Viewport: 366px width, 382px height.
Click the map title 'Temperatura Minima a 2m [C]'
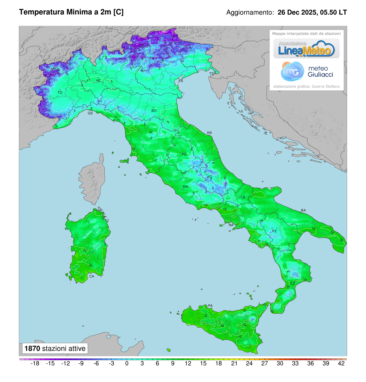coord(71,12)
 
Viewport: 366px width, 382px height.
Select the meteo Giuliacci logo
coord(307,72)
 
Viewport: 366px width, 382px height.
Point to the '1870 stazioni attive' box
coord(55,348)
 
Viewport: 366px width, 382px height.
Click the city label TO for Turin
coord(60,93)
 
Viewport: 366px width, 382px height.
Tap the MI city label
coord(99,81)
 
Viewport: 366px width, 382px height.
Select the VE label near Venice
coord(181,81)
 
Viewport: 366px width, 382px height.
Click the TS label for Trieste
coord(211,74)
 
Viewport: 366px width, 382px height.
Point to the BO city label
coord(154,111)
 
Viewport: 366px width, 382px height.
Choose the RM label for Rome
coord(185,187)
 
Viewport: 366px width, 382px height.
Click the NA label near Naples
coord(231,225)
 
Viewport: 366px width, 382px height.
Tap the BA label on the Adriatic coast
coord(303,210)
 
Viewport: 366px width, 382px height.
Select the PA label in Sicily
coord(210,306)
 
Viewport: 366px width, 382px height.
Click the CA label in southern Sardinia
coord(91,276)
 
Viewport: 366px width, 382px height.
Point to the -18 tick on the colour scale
coord(35,363)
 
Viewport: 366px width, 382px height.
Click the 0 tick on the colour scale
coord(127,363)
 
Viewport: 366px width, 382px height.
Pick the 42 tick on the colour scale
coord(341,363)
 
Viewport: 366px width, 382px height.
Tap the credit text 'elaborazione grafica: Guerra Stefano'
coord(306,86)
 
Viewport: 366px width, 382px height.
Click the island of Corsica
coord(93,180)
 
